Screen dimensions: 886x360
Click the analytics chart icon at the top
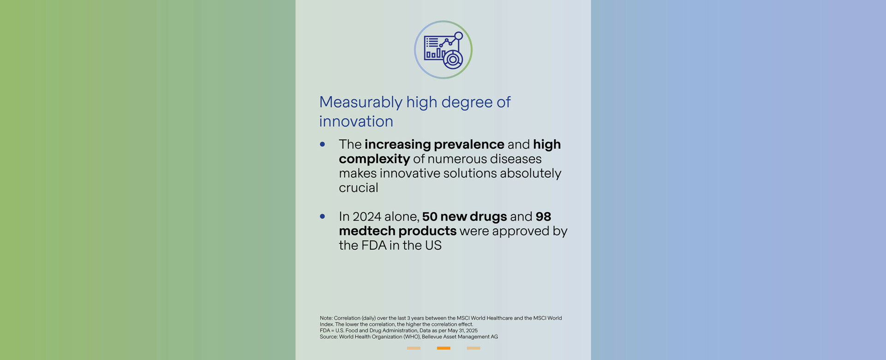[x=443, y=50]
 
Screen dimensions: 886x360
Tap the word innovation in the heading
[x=356, y=121]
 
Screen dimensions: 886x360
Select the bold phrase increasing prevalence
[x=434, y=144]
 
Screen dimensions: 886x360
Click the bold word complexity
[x=374, y=159]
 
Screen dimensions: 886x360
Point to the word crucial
[x=359, y=188]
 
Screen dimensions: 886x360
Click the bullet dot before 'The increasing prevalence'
[x=323, y=144]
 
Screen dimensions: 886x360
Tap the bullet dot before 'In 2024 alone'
[x=323, y=216]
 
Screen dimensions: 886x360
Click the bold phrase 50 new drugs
[x=464, y=216]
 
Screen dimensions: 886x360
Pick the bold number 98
[x=543, y=216]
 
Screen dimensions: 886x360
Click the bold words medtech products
[x=398, y=231]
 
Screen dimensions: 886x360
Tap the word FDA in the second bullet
[x=374, y=246]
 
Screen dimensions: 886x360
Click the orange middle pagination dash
[x=443, y=348]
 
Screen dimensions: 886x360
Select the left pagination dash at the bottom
[x=413, y=348]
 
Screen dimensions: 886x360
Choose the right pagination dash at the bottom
[x=473, y=348]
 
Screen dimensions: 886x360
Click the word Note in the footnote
[x=326, y=318]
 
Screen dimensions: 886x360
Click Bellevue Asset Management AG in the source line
[x=460, y=337]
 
